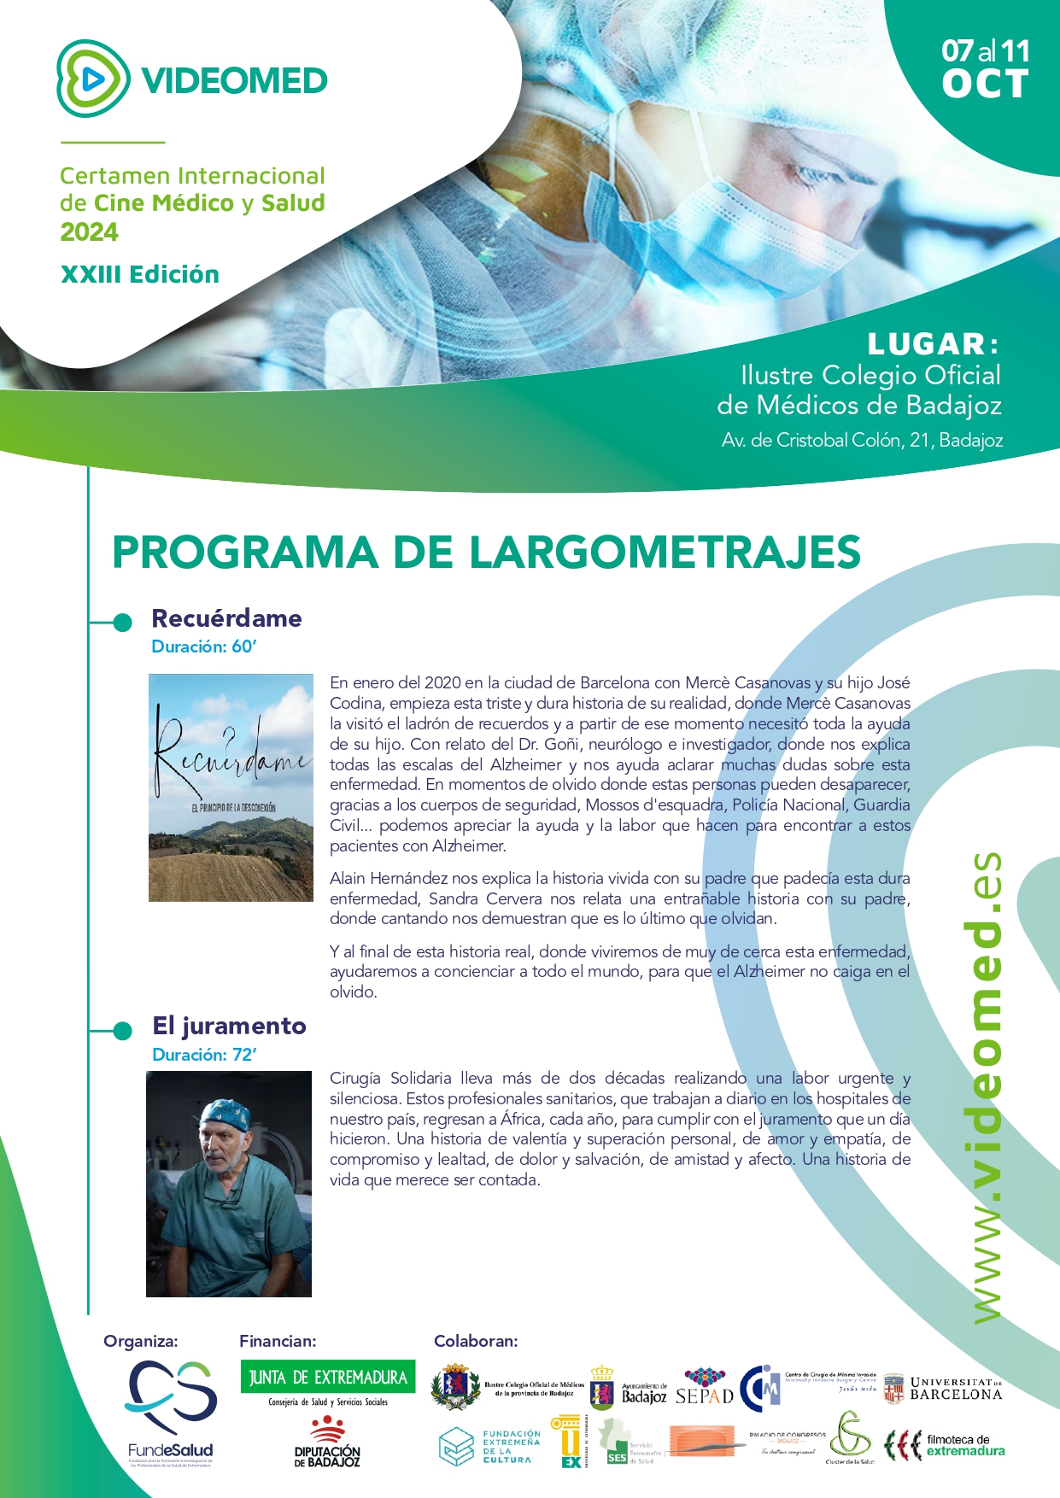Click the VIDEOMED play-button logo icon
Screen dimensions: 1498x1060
coord(93,79)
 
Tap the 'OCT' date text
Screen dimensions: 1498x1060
coord(985,85)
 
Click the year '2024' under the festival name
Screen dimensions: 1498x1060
coord(89,232)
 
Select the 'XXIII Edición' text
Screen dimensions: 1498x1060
coord(140,274)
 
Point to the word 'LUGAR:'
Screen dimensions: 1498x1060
coord(933,344)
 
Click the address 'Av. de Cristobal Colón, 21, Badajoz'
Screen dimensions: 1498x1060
coord(862,441)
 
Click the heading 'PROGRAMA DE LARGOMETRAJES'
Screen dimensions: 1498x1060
coord(486,552)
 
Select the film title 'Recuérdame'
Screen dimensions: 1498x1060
coord(226,618)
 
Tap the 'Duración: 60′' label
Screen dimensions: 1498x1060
coord(204,647)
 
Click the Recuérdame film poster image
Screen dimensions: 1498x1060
coord(231,787)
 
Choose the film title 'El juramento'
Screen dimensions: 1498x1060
coord(229,1026)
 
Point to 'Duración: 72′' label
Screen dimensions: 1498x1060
coord(204,1055)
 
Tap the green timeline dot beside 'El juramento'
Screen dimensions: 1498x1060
coord(122,1031)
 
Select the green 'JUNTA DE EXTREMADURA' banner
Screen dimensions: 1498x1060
coord(328,1377)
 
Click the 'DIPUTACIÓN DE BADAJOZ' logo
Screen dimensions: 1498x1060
coord(327,1442)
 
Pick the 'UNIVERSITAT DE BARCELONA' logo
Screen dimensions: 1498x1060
coord(942,1390)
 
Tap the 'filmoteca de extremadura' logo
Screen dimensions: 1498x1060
coord(945,1445)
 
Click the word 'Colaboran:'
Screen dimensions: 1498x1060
coord(476,1341)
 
